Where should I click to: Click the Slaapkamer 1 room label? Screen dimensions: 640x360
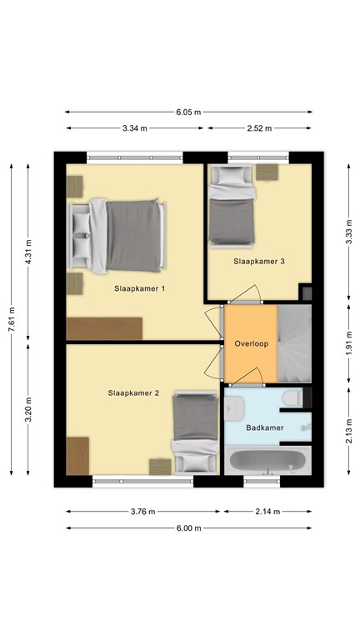(140, 288)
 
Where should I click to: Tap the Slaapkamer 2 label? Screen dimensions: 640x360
(133, 392)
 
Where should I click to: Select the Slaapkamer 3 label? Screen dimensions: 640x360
(259, 261)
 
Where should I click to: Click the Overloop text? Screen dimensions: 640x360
(250, 343)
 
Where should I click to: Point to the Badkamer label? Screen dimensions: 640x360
(265, 427)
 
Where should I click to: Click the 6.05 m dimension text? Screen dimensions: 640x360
(188, 112)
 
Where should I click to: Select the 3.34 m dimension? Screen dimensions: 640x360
(133, 128)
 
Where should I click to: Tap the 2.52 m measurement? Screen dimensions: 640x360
(259, 128)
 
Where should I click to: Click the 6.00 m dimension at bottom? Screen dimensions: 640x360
(188, 527)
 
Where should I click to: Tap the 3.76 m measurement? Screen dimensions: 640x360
(143, 512)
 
